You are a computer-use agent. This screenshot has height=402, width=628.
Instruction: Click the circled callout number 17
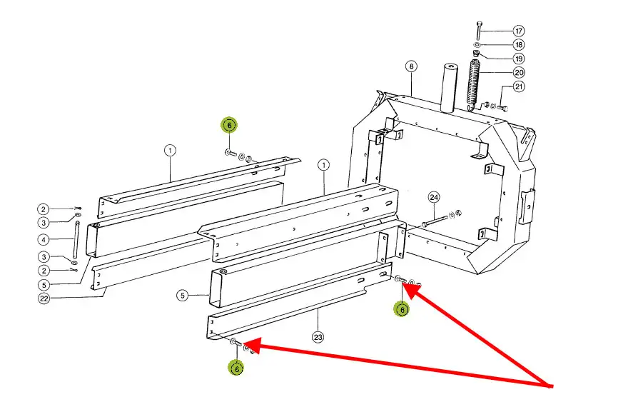pos(519,31)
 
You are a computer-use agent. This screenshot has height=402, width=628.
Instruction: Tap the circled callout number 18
pos(519,44)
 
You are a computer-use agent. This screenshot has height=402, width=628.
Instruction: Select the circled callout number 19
pos(519,58)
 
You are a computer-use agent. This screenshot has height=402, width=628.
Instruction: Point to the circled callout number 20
pos(519,72)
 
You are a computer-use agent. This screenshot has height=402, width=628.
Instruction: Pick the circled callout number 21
pos(519,87)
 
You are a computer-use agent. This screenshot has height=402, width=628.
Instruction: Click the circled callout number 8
pos(411,67)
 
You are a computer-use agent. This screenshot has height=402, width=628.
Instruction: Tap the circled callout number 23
pos(318,336)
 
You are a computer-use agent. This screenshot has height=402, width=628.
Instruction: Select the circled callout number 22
pos(44,298)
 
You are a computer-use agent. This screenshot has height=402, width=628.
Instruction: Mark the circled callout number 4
pos(44,239)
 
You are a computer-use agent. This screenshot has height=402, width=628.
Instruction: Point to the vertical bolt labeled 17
pos(479,31)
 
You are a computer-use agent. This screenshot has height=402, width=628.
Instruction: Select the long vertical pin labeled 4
pos(75,239)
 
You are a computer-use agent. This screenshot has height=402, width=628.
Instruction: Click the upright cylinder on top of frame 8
pos(447,87)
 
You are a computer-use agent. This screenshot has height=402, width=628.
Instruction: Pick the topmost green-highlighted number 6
pos(228,125)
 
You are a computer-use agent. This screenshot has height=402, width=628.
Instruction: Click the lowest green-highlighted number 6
pos(235,368)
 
